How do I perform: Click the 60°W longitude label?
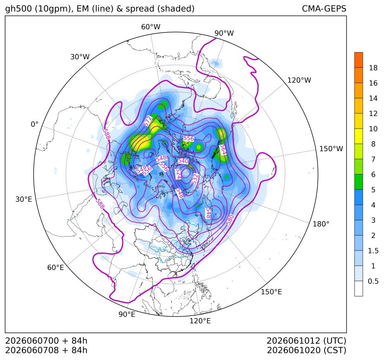tap(150, 27)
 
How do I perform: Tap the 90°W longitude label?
tap(224, 33)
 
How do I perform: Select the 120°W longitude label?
tap(299, 80)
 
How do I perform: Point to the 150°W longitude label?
tap(331, 148)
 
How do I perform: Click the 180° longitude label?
tap(321, 224)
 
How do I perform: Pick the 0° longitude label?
tap(34, 124)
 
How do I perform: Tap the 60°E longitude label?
tap(56, 267)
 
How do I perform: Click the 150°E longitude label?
tap(271, 292)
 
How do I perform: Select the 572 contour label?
tap(148, 122)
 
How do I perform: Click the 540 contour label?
tap(183, 161)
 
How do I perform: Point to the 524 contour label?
tap(178, 174)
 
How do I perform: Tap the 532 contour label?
tap(195, 179)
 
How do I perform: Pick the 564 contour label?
tap(223, 149)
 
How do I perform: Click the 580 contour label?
tap(230, 219)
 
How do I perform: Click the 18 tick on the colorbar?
tap(373, 68)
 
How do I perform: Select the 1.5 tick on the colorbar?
tap(373, 251)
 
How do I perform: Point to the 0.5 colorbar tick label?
tap(373, 281)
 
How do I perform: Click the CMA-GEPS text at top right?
tap(324, 8)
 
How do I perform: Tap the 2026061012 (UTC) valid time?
tap(306, 341)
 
